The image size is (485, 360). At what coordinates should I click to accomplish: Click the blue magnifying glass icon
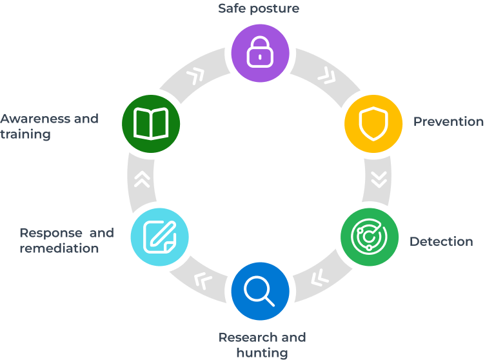[259, 290]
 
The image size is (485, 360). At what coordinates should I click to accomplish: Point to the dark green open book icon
[151, 123]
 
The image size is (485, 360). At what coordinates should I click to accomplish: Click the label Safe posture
[259, 8]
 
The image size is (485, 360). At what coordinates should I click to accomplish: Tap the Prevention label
[448, 121]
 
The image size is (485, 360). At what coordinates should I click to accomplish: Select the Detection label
[441, 241]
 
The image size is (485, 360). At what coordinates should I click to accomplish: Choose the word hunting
[262, 352]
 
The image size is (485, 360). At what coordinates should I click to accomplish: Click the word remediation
[59, 248]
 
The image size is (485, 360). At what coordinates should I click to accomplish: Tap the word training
[25, 134]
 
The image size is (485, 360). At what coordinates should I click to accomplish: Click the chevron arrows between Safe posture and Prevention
[326, 76]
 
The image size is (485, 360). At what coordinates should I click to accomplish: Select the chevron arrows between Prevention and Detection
[379, 179]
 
